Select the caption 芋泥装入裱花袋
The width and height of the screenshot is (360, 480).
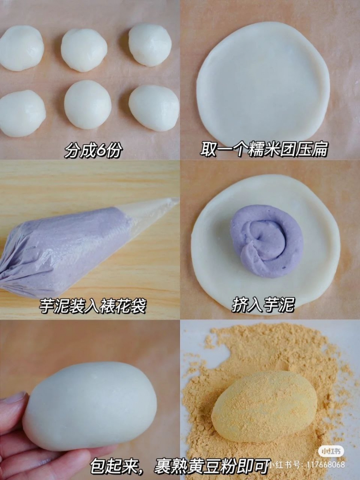pyautogui.click(x=92, y=306)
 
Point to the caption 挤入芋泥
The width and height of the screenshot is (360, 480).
pyautogui.click(x=263, y=305)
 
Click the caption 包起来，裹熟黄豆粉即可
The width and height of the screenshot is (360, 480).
pyautogui.click(x=180, y=465)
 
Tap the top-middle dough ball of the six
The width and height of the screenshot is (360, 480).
pyautogui.click(x=84, y=50)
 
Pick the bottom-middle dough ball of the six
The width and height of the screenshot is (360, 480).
pyautogui.click(x=88, y=104)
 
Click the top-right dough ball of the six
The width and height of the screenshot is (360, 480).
pyautogui.click(x=150, y=45)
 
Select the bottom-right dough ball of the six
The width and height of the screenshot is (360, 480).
pyautogui.click(x=154, y=108)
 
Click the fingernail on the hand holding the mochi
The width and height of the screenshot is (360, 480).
pyautogui.click(x=14, y=398)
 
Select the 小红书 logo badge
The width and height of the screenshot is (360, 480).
pyautogui.click(x=325, y=451)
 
